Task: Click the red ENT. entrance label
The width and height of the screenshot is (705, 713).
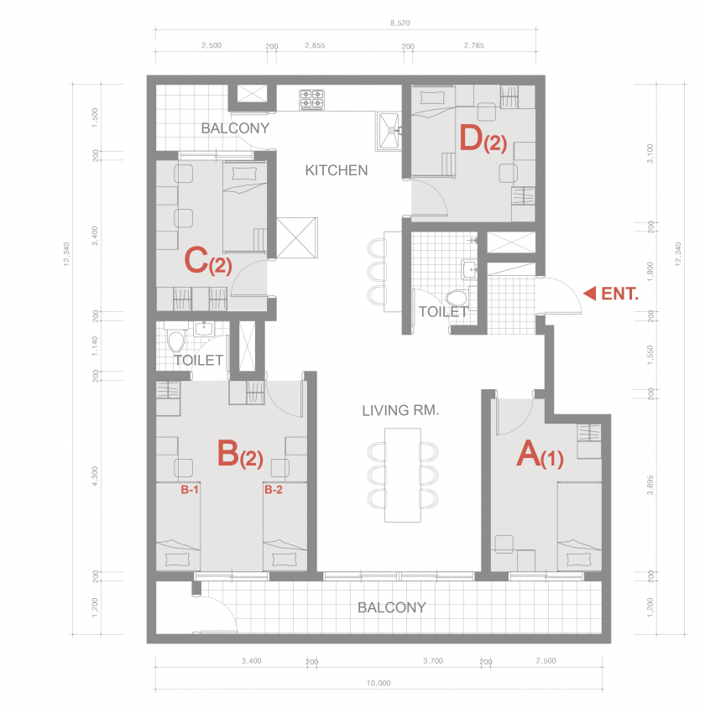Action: pos(620,294)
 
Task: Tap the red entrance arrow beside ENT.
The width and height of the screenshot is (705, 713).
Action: pos(589,294)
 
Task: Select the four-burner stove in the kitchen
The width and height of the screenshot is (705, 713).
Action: pos(311,100)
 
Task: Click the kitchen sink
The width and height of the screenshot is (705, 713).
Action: pos(388,131)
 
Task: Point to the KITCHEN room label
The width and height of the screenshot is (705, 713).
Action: pos(336,170)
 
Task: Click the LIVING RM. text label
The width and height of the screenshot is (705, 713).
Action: pos(400,411)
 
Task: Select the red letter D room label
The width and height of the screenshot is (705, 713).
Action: pos(470,138)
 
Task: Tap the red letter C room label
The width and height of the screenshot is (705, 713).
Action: pos(196,260)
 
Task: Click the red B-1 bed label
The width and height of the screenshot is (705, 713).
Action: pos(190,490)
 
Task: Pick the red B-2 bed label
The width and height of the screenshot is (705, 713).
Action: pos(274,490)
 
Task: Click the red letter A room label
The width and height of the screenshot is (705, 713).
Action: pos(529,453)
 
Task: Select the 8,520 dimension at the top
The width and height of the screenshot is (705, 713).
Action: pos(399,23)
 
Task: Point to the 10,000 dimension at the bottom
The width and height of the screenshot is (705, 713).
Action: pos(379,683)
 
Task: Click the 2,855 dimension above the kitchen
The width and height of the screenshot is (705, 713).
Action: pos(315,45)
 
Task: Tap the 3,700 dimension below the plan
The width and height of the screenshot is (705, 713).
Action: pos(432,661)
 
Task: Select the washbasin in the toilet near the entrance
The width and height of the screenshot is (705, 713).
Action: pos(470,269)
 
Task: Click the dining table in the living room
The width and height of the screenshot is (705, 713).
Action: pos(403,475)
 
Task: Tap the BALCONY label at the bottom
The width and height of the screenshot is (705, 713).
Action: pos(392,607)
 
